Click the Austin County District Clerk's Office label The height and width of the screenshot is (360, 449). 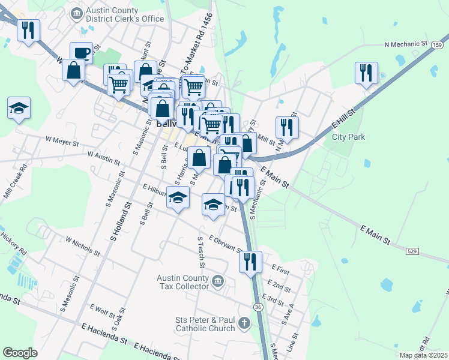[x=125, y=14]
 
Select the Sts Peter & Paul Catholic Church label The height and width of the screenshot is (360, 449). [x=204, y=324]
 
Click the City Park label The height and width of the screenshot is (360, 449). [x=349, y=137]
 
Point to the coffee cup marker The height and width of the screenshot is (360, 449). [x=81, y=53]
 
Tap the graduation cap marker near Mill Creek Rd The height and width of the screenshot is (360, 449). [x=19, y=108]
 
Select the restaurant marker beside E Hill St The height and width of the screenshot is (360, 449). [x=366, y=73]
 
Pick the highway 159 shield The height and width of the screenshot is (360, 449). [x=439, y=45]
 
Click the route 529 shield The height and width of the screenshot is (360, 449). [x=412, y=250]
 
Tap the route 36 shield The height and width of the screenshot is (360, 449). [x=258, y=307]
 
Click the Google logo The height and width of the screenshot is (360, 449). [x=20, y=353]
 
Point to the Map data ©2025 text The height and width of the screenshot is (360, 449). [x=424, y=355]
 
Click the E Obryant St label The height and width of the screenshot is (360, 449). [x=225, y=245]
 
